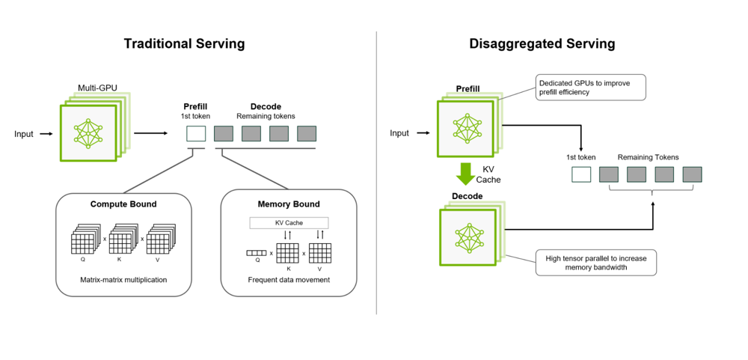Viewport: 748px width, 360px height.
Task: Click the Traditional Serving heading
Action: [x=184, y=43]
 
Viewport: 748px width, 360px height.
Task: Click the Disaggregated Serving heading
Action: [x=542, y=43]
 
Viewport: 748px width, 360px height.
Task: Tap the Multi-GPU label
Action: [x=97, y=88]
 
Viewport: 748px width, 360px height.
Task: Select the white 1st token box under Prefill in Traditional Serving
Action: [x=196, y=134]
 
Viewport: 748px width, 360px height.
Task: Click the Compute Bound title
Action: [x=123, y=204]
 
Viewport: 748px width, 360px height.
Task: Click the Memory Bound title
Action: [x=288, y=204]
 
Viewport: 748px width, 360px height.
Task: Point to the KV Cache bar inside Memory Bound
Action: [x=288, y=223]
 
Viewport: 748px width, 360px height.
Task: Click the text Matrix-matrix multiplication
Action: [x=123, y=280]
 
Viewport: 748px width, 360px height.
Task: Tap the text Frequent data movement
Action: [x=288, y=280]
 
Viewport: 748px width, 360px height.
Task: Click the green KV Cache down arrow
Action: [x=466, y=174]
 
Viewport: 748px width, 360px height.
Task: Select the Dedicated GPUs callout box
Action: [x=589, y=86]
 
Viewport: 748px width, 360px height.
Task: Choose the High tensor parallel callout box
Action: [x=595, y=263]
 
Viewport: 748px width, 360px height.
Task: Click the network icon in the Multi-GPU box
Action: [x=88, y=132]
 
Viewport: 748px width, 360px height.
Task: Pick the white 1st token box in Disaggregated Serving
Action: [x=581, y=174]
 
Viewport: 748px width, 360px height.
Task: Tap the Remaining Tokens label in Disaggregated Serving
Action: [x=648, y=157]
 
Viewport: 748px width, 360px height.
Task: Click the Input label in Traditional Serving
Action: [x=24, y=134]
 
